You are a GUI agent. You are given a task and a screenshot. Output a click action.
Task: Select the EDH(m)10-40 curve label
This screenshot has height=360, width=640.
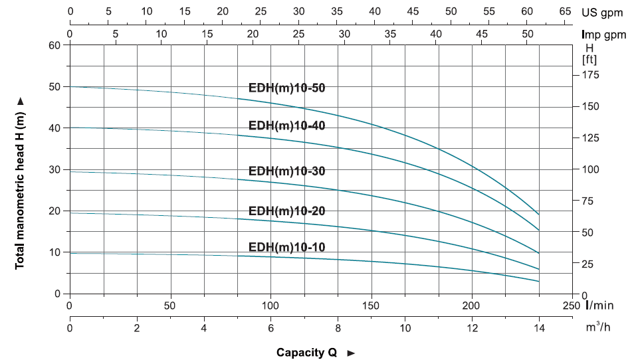(x=286, y=125)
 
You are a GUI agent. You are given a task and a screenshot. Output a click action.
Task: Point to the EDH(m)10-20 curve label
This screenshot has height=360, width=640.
(x=286, y=211)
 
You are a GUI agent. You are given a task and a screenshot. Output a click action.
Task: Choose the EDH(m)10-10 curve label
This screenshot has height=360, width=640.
(x=286, y=247)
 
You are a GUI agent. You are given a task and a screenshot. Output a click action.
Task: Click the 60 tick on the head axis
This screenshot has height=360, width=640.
(x=54, y=45)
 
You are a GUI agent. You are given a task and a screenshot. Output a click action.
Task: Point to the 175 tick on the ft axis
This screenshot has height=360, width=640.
(x=591, y=75)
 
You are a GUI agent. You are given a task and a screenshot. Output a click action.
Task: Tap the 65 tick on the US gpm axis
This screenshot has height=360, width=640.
(x=566, y=12)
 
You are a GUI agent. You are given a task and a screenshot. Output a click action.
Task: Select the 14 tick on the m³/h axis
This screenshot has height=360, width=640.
(x=539, y=327)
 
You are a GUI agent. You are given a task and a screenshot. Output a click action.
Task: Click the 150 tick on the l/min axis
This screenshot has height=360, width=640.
(x=371, y=306)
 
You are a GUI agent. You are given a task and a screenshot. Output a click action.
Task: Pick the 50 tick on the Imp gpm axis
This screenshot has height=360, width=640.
(x=527, y=34)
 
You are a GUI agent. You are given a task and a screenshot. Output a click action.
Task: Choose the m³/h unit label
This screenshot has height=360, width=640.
(x=600, y=327)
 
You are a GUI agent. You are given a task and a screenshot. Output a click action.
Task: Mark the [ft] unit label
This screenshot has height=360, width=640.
(x=589, y=59)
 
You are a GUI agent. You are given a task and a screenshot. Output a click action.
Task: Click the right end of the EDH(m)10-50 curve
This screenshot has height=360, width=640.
(x=538, y=215)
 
